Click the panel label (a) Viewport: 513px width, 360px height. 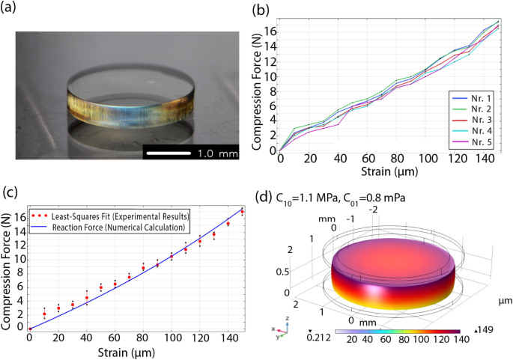pos(7,7)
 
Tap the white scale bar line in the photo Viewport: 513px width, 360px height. pos(169,153)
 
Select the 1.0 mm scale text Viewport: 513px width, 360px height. pos(218,153)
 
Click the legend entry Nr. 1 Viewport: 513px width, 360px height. pos(472,98)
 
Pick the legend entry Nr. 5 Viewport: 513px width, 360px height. pos(472,142)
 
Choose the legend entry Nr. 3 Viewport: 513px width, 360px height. pos(472,120)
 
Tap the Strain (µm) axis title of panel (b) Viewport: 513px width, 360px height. pos(389,171)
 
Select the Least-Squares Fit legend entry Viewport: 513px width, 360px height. pos(111,216)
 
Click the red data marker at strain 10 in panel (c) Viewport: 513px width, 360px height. pos(44,314)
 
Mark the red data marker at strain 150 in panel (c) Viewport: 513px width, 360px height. pos(242,212)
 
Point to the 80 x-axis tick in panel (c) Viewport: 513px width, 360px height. pos(142,338)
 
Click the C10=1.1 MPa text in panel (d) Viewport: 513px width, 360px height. pos(306,198)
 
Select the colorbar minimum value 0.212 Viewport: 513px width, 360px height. pos(319,337)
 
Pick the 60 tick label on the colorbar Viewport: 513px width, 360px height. pos(386,340)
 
